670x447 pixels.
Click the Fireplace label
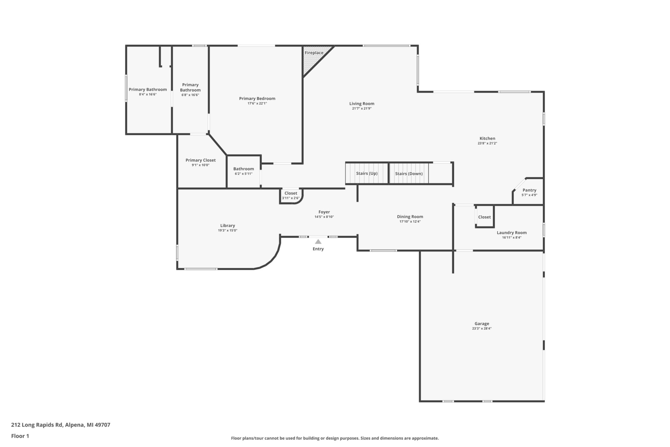click(x=314, y=53)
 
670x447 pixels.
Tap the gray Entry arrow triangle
click(x=318, y=241)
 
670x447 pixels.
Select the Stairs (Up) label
click(x=367, y=173)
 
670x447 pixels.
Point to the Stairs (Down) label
click(x=409, y=174)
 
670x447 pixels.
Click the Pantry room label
click(x=529, y=190)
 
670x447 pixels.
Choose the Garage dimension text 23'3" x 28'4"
click(x=482, y=329)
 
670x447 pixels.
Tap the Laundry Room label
click(x=512, y=233)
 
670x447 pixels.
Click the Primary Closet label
click(x=201, y=160)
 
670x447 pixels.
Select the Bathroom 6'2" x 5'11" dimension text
click(x=243, y=174)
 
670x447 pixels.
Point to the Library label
click(x=228, y=225)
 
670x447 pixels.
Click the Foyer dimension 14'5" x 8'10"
click(x=324, y=217)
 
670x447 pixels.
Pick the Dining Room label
click(x=410, y=217)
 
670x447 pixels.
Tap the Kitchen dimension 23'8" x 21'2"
click(x=487, y=143)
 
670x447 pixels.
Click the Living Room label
click(x=362, y=103)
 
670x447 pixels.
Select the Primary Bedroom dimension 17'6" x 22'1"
click(x=257, y=103)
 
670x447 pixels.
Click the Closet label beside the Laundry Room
click(x=484, y=217)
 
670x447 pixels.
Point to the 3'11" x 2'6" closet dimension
click(x=291, y=198)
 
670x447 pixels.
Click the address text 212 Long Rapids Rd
click(x=37, y=425)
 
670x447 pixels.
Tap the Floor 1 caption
click(x=20, y=436)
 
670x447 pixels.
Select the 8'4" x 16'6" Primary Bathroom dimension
click(x=148, y=94)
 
